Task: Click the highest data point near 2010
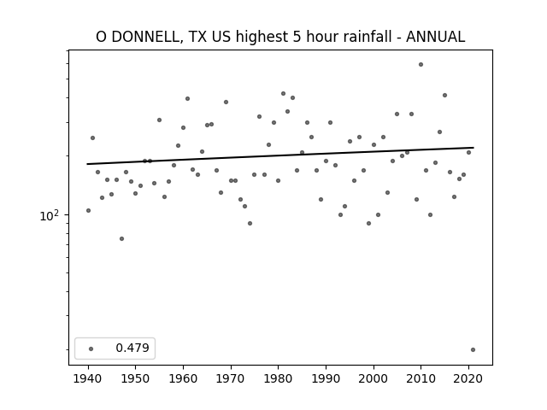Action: click(421, 65)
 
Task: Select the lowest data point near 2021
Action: click(473, 349)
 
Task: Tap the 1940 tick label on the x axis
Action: click(88, 378)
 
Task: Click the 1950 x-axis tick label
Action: click(136, 378)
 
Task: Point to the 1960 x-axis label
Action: click(183, 378)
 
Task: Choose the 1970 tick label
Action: click(231, 378)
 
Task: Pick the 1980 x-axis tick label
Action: click(278, 378)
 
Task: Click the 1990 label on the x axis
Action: click(326, 378)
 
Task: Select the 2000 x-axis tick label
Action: click(373, 378)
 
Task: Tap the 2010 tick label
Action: click(421, 378)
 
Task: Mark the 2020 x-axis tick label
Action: click(468, 378)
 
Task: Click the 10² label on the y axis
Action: click(50, 216)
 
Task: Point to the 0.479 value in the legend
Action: click(132, 348)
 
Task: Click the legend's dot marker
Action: click(91, 348)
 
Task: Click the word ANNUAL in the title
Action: click(435, 37)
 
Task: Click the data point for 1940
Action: click(88, 211)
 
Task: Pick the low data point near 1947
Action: click(121, 239)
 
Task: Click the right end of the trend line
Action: click(473, 148)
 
